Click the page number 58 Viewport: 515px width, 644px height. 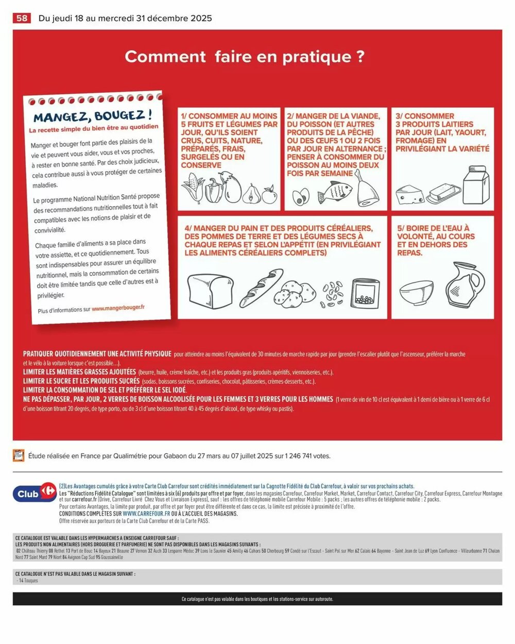pos(21,18)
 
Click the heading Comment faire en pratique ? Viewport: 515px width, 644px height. pos(245,56)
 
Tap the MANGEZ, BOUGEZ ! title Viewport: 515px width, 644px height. pos(93,116)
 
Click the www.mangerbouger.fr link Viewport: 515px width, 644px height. pos(118,308)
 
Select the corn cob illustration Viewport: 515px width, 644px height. pos(192,189)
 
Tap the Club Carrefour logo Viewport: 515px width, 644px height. pos(34,493)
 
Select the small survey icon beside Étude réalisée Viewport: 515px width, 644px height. pos(19,455)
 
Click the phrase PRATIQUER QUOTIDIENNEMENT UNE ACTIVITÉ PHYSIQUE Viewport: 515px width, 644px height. pos(97,354)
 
